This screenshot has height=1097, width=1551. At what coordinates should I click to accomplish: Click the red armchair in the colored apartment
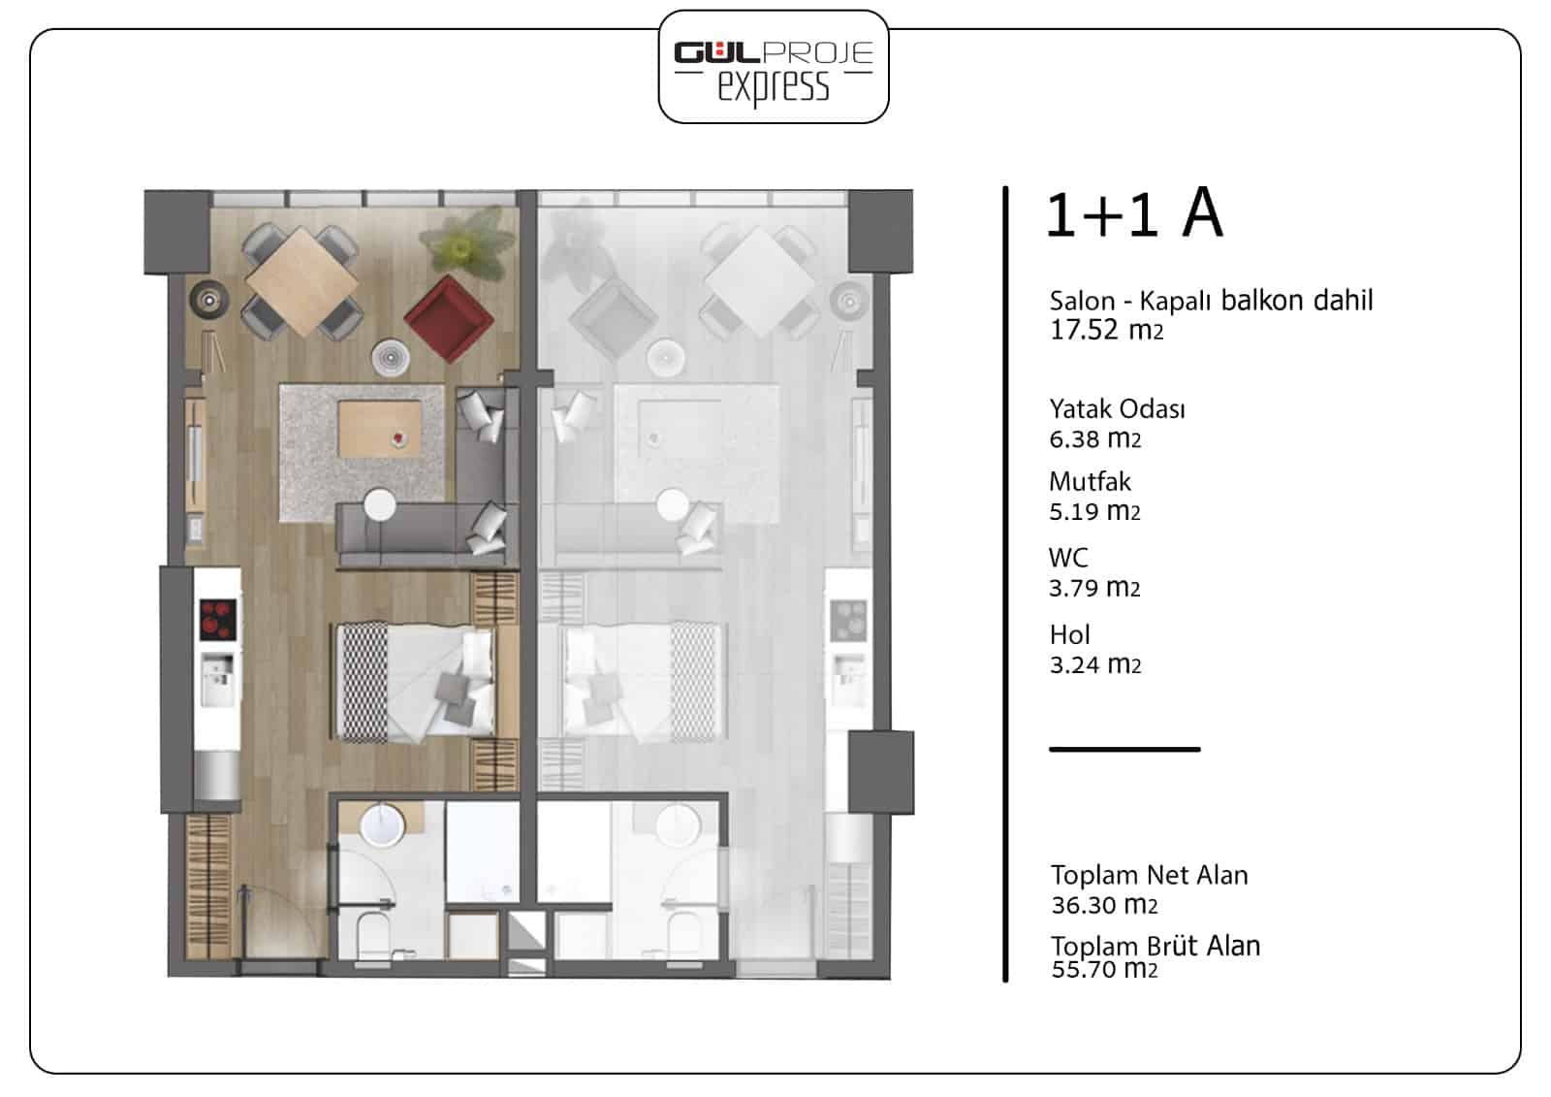tap(449, 319)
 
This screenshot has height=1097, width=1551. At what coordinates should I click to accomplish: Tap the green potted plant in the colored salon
tap(469, 243)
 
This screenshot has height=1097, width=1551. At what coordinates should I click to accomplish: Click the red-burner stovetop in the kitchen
tap(217, 619)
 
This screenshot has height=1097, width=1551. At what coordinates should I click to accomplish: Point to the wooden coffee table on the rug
tap(379, 429)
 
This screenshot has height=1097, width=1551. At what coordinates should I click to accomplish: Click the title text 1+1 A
tap(1135, 213)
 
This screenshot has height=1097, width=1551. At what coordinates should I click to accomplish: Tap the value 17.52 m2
tap(1106, 330)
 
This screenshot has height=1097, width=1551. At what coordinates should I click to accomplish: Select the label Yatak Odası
tap(1117, 409)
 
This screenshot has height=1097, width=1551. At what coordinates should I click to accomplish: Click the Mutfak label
tap(1090, 481)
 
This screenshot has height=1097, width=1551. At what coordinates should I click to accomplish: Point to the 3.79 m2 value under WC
tap(1094, 588)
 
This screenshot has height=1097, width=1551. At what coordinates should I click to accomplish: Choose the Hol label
tap(1070, 634)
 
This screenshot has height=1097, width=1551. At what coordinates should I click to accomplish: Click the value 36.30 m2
tap(1104, 904)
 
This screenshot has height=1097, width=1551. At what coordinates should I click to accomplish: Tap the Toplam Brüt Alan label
tap(1155, 946)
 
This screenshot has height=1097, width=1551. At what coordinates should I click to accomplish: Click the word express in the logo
tap(774, 87)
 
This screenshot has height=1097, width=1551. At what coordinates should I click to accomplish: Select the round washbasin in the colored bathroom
tap(382, 824)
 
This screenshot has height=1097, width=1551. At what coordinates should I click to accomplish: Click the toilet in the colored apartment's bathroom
tap(373, 936)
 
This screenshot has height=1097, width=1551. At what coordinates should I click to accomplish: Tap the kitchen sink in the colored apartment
tap(217, 679)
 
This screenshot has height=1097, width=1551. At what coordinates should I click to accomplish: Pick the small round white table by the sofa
tap(379, 504)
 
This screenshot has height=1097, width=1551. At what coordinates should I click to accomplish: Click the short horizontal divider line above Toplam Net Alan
tap(1124, 749)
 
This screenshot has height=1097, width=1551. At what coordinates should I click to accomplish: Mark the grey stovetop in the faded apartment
tap(848, 620)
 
